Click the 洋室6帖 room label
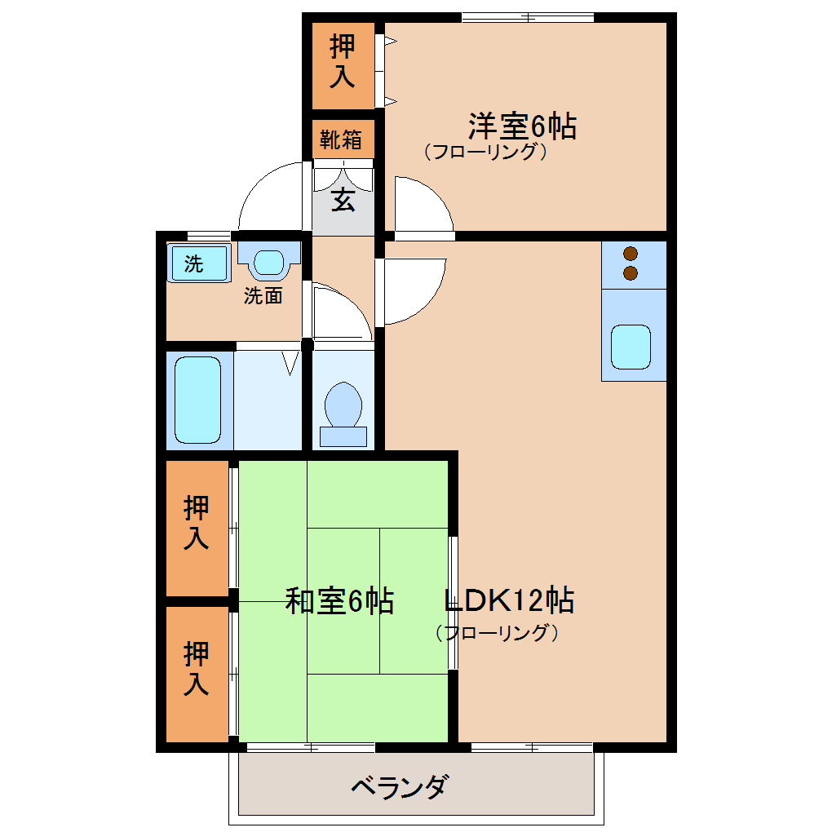pos(522,126)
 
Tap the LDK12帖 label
pos(509,600)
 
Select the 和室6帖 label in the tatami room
pos(339,601)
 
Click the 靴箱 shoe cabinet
pos(343,139)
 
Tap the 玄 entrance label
pos(343,200)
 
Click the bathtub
pos(198,400)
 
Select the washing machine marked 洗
pos(199,263)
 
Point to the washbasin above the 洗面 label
pos(269,262)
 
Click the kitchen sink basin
pos(631,347)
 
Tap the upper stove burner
pos(631,254)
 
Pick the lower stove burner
pos(631,273)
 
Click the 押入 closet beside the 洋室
pos(343,66)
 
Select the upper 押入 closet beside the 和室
pos(197,528)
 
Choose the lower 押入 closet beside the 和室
pos(197,674)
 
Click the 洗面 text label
pos(263,295)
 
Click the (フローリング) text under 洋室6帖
pos(485,152)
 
